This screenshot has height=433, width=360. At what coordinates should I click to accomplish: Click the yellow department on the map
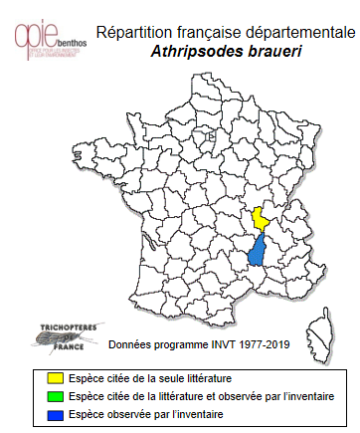(x=261, y=220)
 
